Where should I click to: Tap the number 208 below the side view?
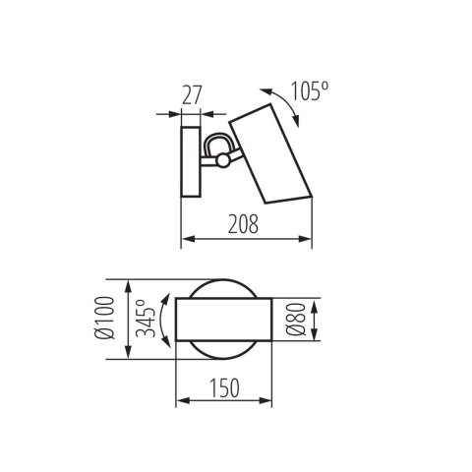[246, 225]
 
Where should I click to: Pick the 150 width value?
[224, 388]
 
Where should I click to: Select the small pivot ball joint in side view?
[225, 159]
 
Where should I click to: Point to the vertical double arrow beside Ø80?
[314, 320]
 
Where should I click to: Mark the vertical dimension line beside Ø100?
[129, 320]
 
